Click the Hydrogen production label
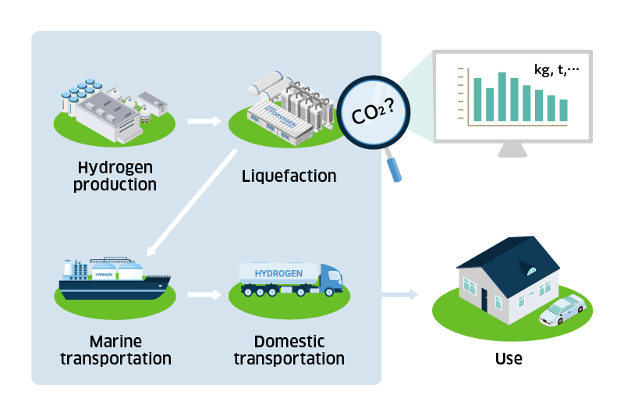115,176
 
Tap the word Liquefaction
289,176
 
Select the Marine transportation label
115,350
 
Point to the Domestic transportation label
289,350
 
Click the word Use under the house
508,359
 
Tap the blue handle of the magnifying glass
394,167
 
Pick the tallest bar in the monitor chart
502,97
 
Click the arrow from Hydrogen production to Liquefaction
204,121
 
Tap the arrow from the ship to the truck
204,295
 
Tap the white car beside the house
562,310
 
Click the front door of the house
484,300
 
